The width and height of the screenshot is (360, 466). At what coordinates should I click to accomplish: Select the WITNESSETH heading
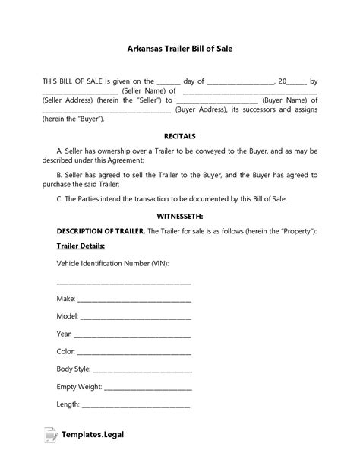coord(179,216)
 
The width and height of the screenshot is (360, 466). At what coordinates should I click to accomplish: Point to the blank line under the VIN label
coord(124,282)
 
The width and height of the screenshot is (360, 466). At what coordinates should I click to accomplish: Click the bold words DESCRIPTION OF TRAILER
coord(100,230)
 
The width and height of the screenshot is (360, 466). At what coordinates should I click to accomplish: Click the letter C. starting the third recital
coord(59,199)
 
